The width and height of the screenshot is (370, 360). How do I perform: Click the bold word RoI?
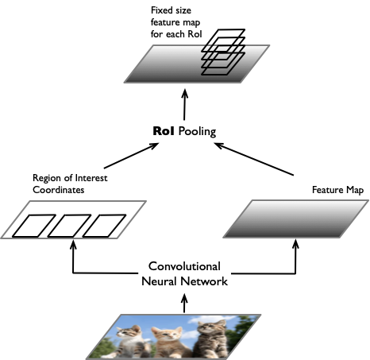point(164,131)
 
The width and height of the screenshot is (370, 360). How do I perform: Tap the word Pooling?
point(197,132)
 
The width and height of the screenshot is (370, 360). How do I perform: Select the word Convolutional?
point(184,266)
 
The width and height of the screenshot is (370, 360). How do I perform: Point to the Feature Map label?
point(337,190)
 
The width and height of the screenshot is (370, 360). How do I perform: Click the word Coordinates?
point(59,190)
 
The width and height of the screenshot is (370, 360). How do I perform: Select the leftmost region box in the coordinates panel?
point(33,226)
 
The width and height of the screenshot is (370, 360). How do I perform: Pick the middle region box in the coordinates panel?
point(69,226)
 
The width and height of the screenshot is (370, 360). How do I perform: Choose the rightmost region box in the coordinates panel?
point(104,226)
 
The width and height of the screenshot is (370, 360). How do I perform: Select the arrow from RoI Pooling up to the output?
point(184,105)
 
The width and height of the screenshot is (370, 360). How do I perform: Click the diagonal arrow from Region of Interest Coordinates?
point(131,156)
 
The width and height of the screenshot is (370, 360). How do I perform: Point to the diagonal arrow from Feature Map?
point(253,159)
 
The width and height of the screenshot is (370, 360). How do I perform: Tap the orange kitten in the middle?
point(169,343)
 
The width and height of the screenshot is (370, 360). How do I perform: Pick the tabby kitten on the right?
point(211,339)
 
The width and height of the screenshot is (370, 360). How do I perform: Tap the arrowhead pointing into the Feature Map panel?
point(295,244)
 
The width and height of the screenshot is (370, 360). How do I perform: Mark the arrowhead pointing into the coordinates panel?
point(73,244)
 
